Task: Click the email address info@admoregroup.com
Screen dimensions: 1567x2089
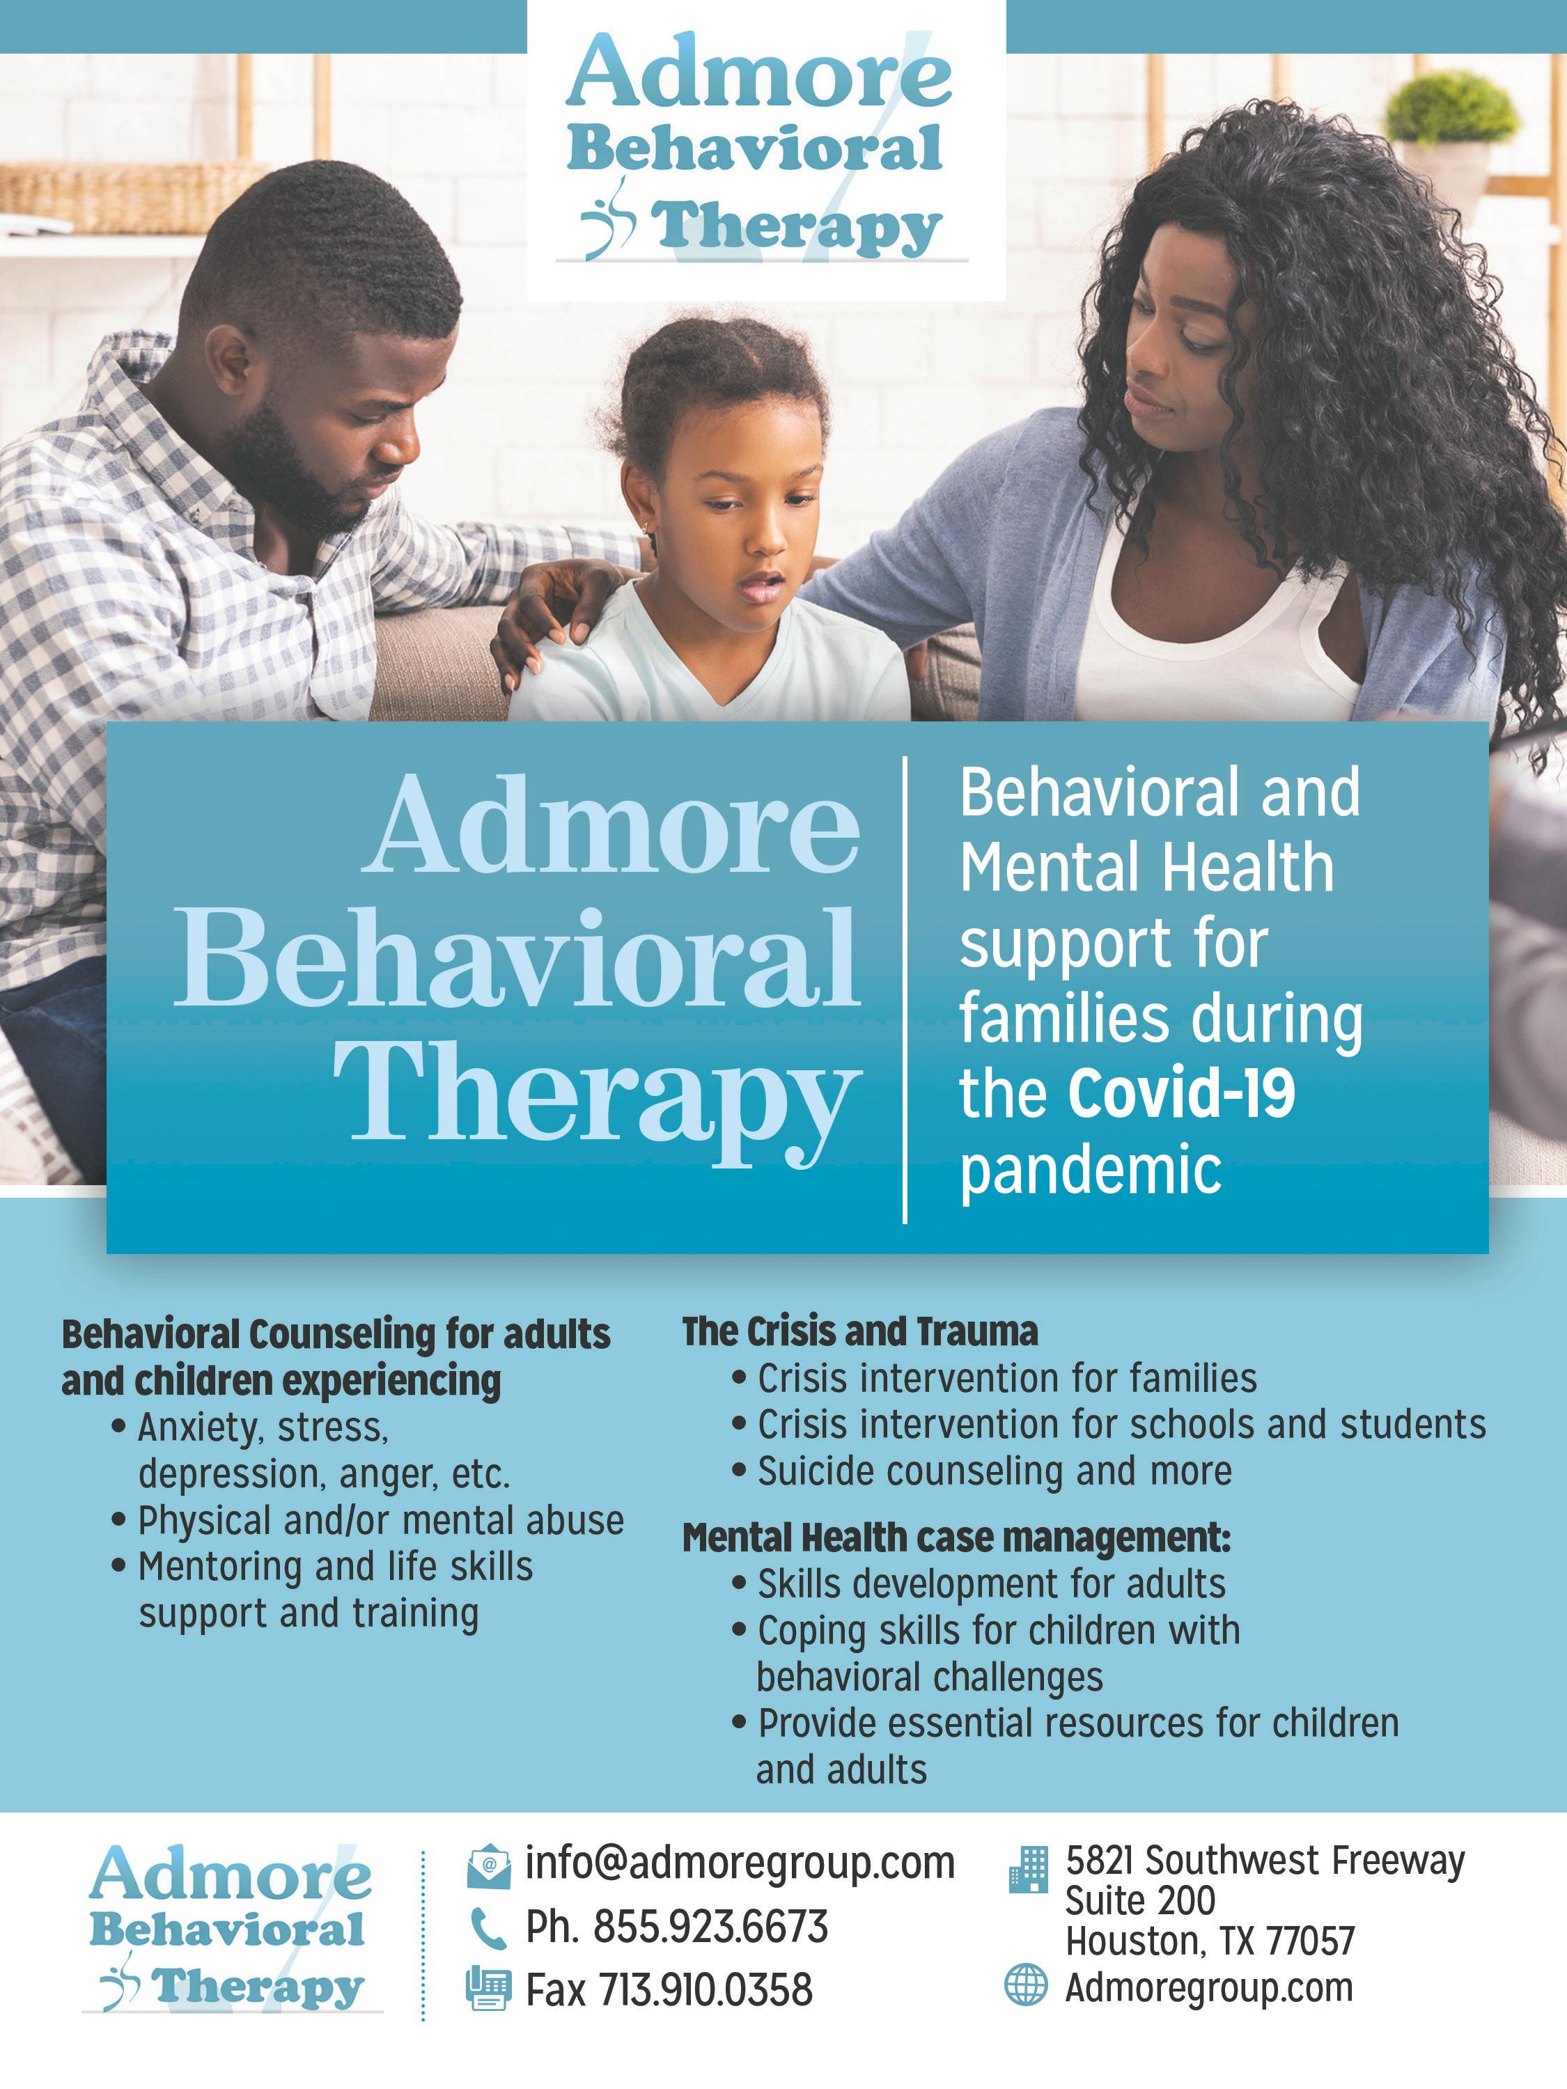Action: [x=740, y=1863]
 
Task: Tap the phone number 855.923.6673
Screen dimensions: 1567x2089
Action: [x=710, y=1927]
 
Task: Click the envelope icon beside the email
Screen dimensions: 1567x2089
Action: [x=488, y=1865]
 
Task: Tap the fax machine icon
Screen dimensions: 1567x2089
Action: [x=488, y=1989]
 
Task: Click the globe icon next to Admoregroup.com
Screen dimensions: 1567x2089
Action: [x=1026, y=1984]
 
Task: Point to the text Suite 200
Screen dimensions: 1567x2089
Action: [x=1140, y=1900]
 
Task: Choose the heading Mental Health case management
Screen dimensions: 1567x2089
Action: [x=956, y=1538]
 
